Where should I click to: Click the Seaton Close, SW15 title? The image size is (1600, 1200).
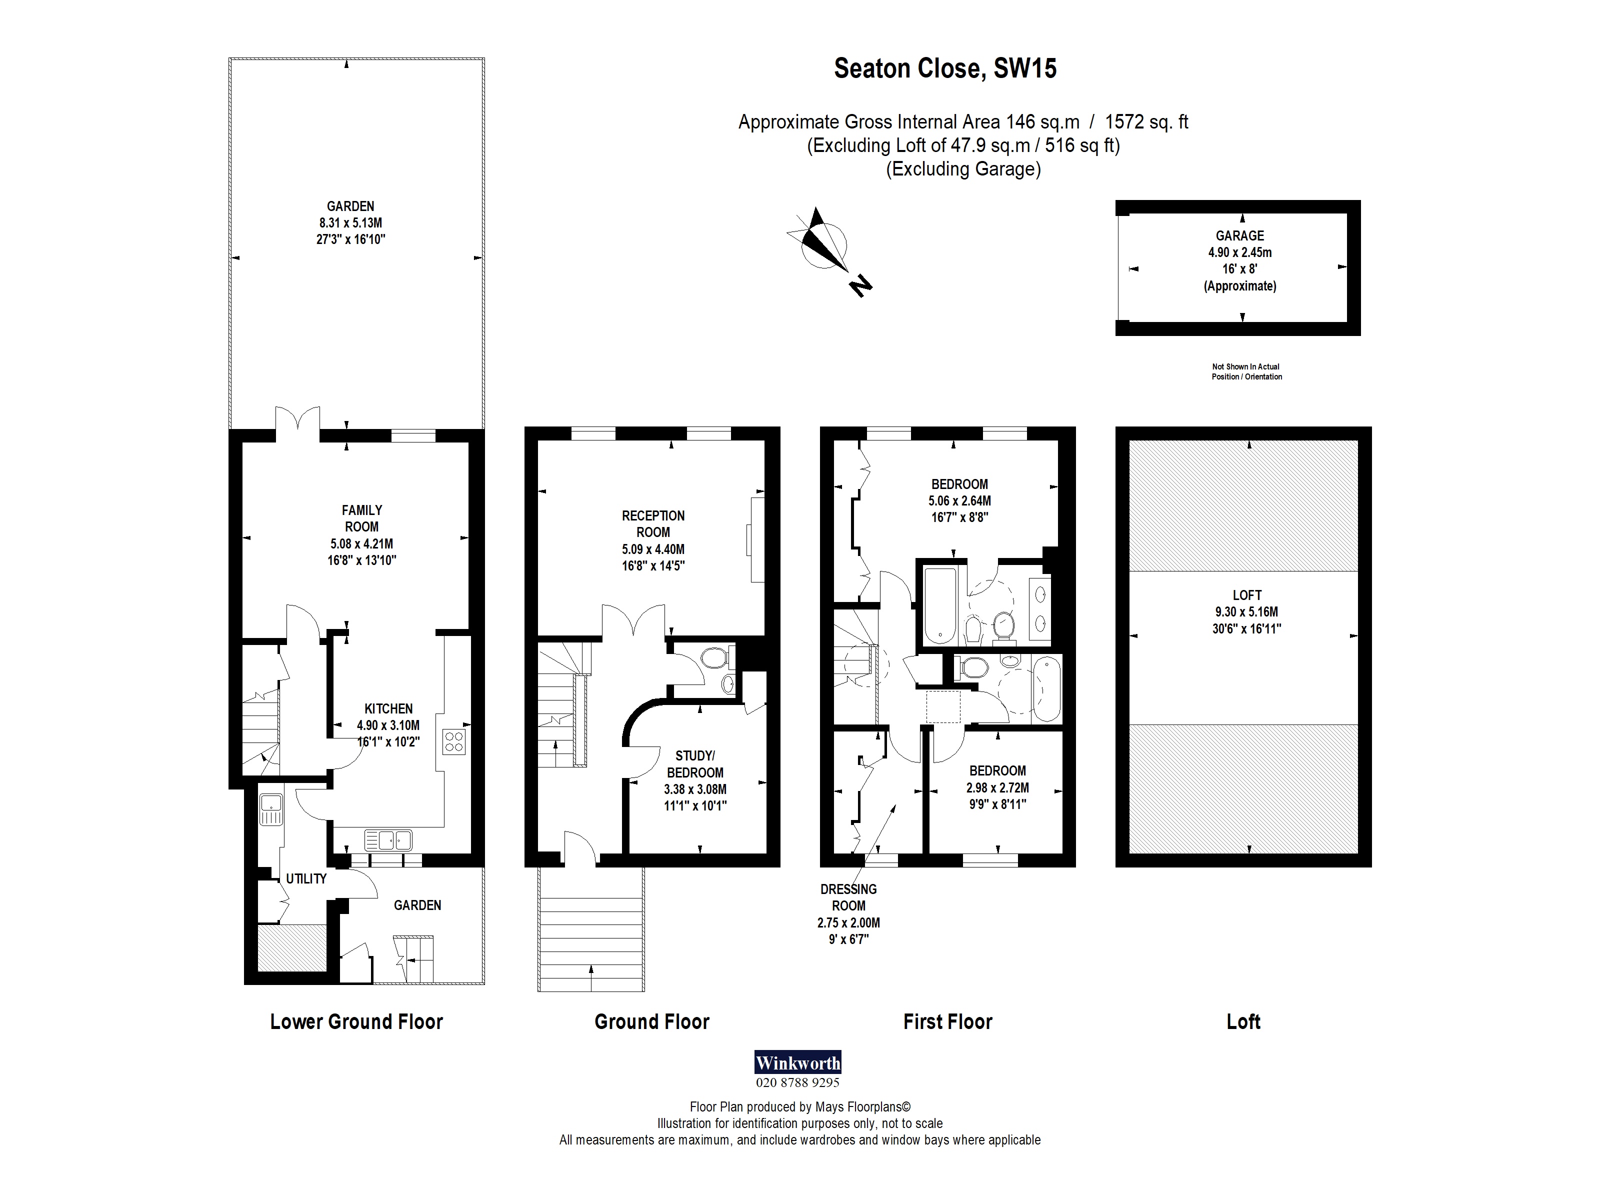click(944, 68)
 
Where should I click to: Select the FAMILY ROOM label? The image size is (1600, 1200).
click(361, 518)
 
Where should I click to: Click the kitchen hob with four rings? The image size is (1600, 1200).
click(454, 741)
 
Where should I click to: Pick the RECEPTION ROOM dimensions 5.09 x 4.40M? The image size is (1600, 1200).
click(652, 549)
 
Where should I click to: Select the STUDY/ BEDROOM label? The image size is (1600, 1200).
click(694, 764)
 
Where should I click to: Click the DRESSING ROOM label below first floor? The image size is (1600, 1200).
click(848, 897)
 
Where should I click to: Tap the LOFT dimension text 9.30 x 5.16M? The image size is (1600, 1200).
click(1246, 612)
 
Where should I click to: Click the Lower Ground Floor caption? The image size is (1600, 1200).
click(356, 1021)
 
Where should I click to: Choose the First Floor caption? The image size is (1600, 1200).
click(947, 1021)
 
